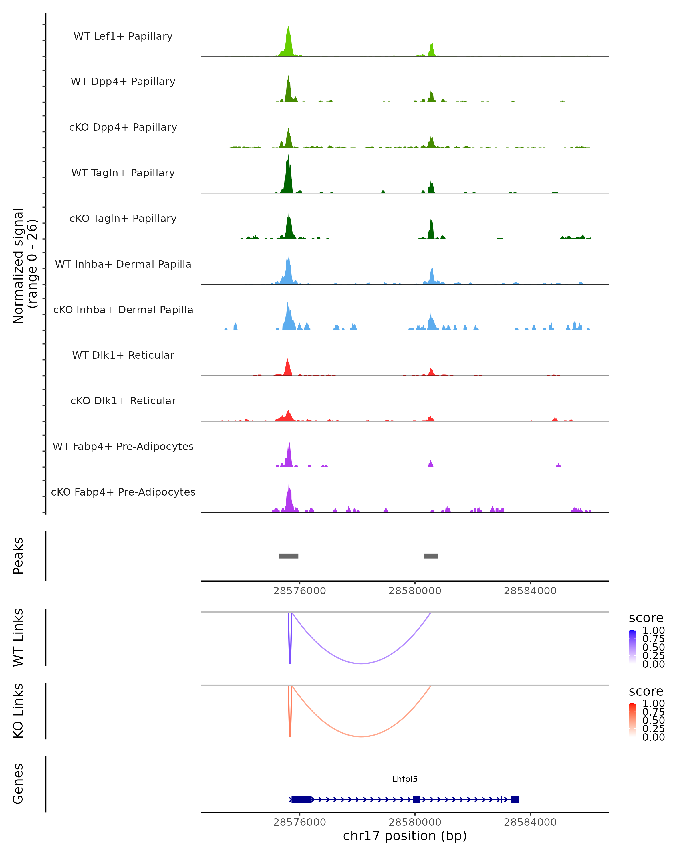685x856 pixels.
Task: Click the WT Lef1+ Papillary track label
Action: click(x=123, y=36)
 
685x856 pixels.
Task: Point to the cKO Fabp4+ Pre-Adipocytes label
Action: click(x=123, y=492)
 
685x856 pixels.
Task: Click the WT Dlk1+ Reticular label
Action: click(x=123, y=355)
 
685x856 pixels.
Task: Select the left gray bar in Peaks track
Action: click(x=288, y=556)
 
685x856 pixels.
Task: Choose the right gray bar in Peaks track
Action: click(x=431, y=556)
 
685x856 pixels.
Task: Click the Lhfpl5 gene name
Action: click(x=405, y=779)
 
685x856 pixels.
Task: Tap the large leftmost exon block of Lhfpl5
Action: click(x=301, y=799)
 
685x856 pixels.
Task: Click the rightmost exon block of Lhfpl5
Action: click(x=515, y=799)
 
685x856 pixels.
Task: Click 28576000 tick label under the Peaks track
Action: click(x=299, y=591)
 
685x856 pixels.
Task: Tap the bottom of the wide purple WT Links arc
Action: click(x=361, y=663)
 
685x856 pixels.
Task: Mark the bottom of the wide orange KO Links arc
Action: click(x=361, y=736)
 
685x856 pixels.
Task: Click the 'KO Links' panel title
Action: click(x=18, y=711)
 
